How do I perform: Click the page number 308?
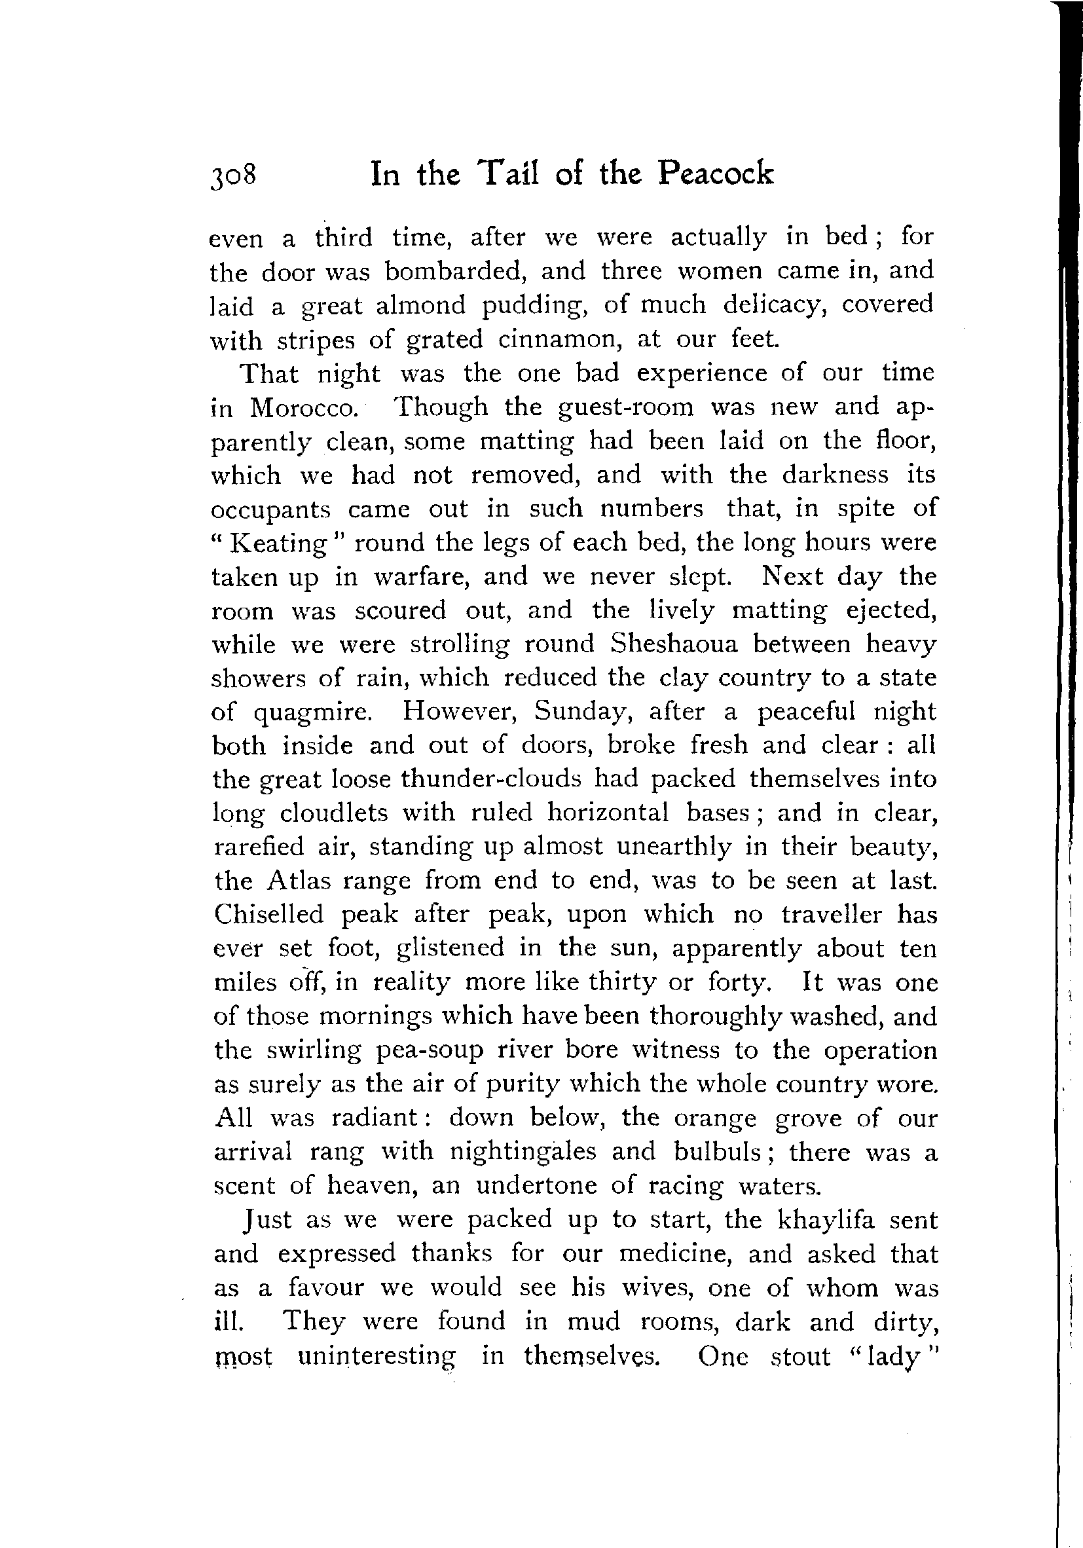click(233, 176)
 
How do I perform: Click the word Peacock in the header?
click(716, 174)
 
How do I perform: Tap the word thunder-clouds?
click(490, 779)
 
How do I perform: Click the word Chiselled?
click(269, 914)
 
